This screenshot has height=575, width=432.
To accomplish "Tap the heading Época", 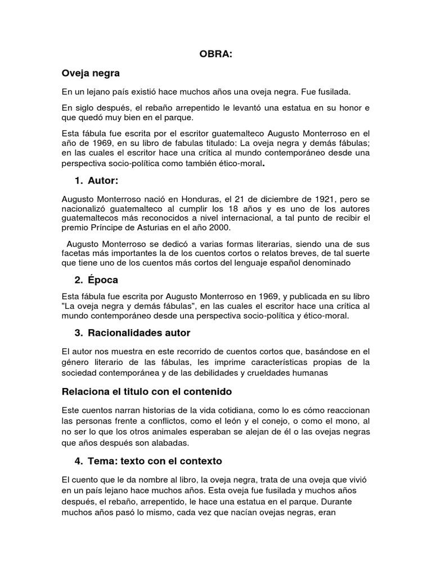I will pyautogui.click(x=103, y=280).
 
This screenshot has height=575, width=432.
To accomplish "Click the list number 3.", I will pyautogui.click(x=78, y=333).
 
